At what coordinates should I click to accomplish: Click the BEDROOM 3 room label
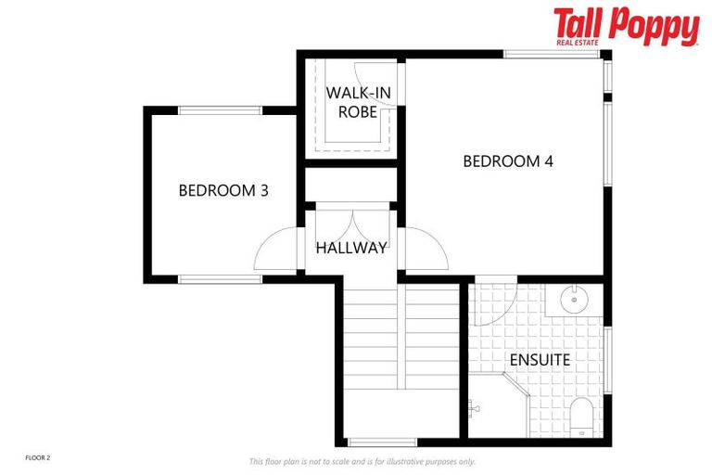tap(223, 191)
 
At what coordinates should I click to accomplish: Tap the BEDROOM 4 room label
tap(508, 161)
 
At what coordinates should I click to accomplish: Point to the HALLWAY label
tap(350, 248)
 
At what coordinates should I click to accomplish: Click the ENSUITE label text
tap(539, 358)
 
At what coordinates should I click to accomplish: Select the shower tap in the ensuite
tap(475, 405)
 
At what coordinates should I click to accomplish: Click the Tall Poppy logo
tap(626, 25)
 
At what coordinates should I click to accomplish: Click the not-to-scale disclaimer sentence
tap(362, 461)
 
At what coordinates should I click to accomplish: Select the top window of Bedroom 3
tap(217, 111)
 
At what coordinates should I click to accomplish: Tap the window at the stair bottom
tap(382, 442)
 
